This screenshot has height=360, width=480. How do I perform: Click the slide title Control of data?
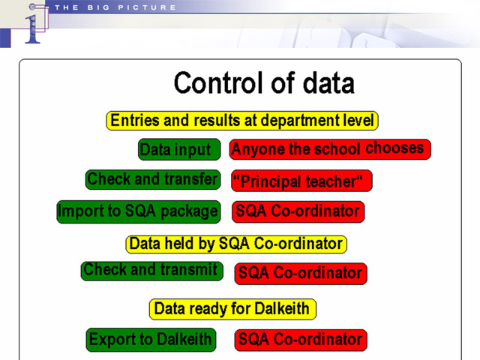pyautogui.click(x=264, y=82)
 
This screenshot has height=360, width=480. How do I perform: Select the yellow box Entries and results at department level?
pyautogui.click(x=242, y=121)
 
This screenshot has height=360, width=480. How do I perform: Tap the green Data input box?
pyautogui.click(x=179, y=149)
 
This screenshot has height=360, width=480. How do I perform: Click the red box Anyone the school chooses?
pyautogui.click(x=330, y=149)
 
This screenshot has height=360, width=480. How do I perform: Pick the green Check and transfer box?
pyautogui.click(x=153, y=179)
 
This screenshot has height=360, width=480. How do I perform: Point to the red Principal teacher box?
pyautogui.click(x=301, y=181)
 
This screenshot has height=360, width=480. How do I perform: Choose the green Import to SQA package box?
pyautogui.click(x=139, y=211)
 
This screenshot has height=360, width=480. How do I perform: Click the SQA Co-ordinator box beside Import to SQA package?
pyautogui.click(x=298, y=211)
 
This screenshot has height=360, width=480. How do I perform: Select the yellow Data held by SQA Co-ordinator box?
pyautogui.click(x=236, y=244)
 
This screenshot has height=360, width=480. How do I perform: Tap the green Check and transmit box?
pyautogui.click(x=151, y=271)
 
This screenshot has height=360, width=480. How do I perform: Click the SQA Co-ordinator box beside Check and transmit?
pyautogui.click(x=301, y=273)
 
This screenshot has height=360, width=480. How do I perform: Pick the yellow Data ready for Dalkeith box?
pyautogui.click(x=232, y=309)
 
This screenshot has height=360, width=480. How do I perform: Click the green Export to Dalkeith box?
pyautogui.click(x=151, y=340)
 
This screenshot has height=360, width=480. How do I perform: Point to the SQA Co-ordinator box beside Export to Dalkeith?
pyautogui.click(x=301, y=340)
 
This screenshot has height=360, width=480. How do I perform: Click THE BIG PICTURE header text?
pyautogui.click(x=115, y=7)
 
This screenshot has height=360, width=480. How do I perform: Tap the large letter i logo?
pyautogui.click(x=33, y=29)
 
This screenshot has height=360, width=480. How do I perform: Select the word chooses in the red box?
pyautogui.click(x=394, y=148)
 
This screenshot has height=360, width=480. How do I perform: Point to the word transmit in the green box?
pyautogui.click(x=189, y=270)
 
